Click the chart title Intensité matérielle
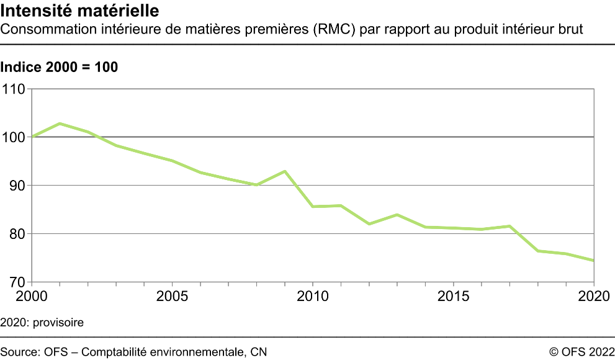coord(79,11)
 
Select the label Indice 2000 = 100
coord(60,68)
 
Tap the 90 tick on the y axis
coord(16,186)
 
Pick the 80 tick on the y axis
coord(16,234)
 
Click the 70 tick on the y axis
coord(16,282)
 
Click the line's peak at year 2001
coord(60,124)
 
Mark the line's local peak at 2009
coord(284,171)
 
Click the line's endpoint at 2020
coord(594,261)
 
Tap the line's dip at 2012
coord(369,224)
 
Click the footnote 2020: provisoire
coord(42,323)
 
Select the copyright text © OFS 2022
coord(581,352)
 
